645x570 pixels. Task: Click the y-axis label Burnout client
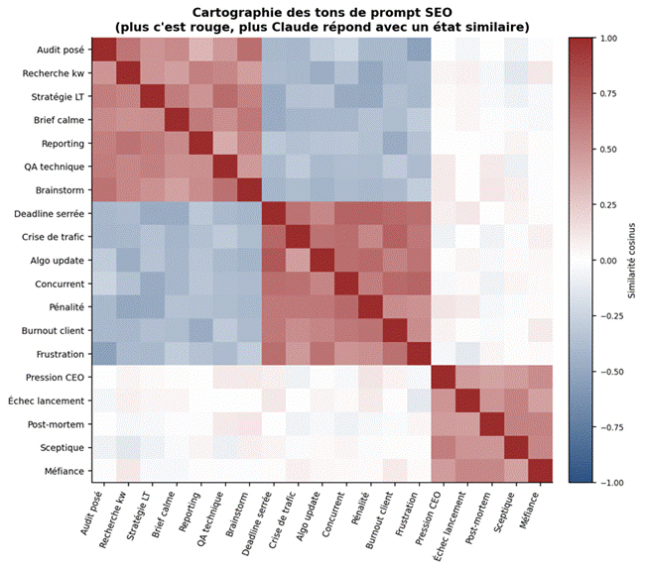pos(51,330)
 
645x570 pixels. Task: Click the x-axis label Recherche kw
pos(112,521)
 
